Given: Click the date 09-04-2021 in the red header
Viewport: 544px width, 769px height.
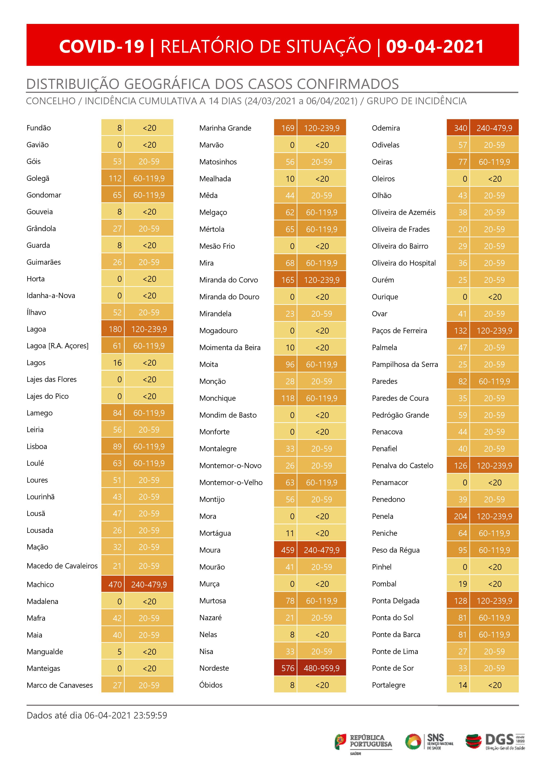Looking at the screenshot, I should pyautogui.click(x=435, y=46).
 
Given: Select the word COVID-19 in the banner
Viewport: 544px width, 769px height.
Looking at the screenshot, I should pyautogui.click(x=102, y=46).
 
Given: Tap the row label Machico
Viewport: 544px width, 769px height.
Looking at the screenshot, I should pyautogui.click(x=40, y=584).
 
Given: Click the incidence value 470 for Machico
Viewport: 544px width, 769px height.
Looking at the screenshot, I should pyautogui.click(x=115, y=584).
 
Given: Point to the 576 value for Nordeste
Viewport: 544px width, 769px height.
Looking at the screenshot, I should pyautogui.click(x=287, y=668).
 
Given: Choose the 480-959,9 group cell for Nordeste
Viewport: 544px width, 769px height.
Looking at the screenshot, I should pyautogui.click(x=321, y=668).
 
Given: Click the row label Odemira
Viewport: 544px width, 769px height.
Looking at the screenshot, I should pyautogui.click(x=386, y=128).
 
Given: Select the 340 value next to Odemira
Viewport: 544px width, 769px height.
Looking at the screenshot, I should pyautogui.click(x=460, y=128).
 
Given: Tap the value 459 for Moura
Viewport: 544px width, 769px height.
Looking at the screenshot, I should pyautogui.click(x=287, y=550).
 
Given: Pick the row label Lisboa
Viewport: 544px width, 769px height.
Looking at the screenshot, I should pyautogui.click(x=37, y=446).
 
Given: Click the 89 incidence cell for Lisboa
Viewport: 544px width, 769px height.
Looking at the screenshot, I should pyautogui.click(x=117, y=446).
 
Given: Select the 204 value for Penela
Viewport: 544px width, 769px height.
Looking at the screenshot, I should pyautogui.click(x=460, y=516).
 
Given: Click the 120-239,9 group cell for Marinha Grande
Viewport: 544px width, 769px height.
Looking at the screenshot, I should pyautogui.click(x=321, y=128).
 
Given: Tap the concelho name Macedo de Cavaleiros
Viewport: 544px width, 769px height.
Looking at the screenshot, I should pyautogui.click(x=62, y=566).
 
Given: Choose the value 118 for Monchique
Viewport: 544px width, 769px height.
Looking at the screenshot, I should pyautogui.click(x=287, y=398).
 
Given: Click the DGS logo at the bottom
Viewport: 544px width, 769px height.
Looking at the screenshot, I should pyautogui.click(x=495, y=742).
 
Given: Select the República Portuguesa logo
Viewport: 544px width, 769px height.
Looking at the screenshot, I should pyautogui.click(x=363, y=742).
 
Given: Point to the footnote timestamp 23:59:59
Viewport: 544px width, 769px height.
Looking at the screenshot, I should pyautogui.click(x=150, y=715).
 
